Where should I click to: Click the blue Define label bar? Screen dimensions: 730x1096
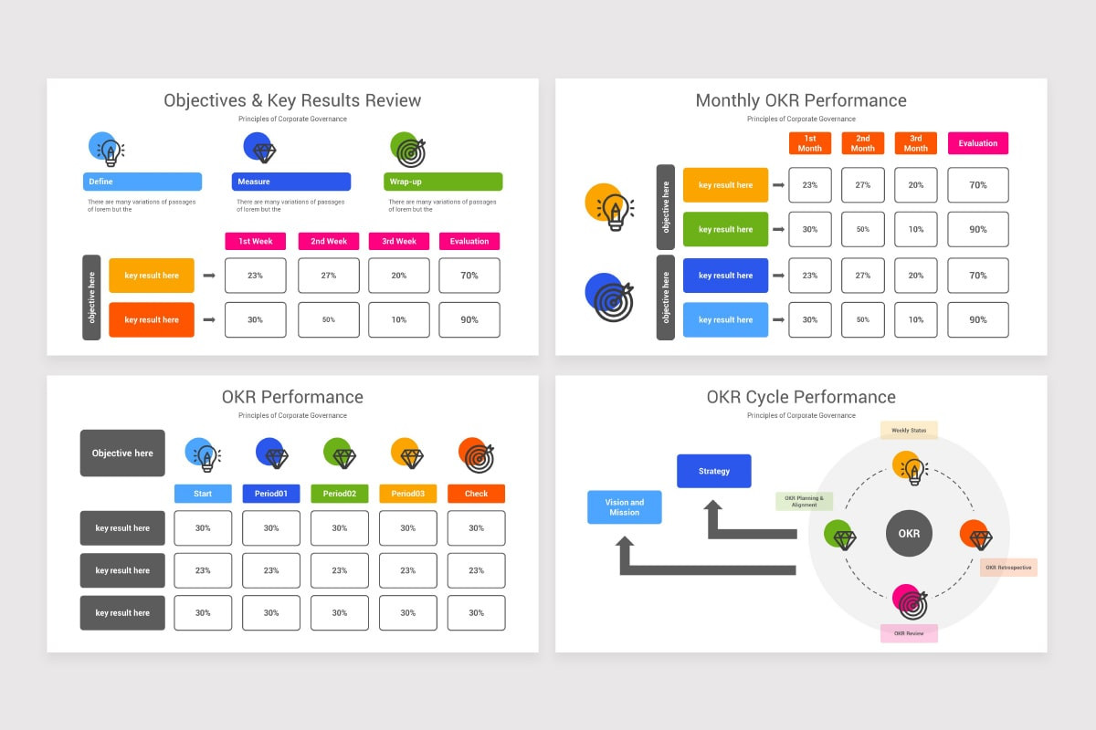point(142,182)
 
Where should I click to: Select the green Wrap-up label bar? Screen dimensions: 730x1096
point(443,182)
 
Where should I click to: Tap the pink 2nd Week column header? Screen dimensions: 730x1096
point(329,241)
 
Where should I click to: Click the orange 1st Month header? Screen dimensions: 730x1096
point(809,143)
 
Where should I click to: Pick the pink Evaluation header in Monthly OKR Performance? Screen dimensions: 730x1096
point(977,143)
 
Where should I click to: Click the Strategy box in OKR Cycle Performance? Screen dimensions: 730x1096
point(713,471)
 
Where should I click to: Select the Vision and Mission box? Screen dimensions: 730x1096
point(624,507)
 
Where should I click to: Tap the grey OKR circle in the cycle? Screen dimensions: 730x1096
point(909,534)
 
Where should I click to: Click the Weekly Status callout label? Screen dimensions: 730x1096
point(909,430)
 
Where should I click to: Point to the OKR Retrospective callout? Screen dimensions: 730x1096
point(1008,568)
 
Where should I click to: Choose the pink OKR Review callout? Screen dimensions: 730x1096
point(909,633)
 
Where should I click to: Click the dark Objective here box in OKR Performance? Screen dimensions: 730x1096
point(122,453)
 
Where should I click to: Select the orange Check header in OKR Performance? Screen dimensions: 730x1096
point(476,494)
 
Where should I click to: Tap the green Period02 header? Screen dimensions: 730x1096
point(339,494)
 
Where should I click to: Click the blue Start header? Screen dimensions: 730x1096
point(203,494)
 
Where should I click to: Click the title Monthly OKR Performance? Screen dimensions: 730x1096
point(801,100)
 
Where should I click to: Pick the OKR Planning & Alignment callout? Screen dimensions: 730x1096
point(804,502)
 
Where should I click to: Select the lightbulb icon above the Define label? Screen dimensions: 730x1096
point(108,150)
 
